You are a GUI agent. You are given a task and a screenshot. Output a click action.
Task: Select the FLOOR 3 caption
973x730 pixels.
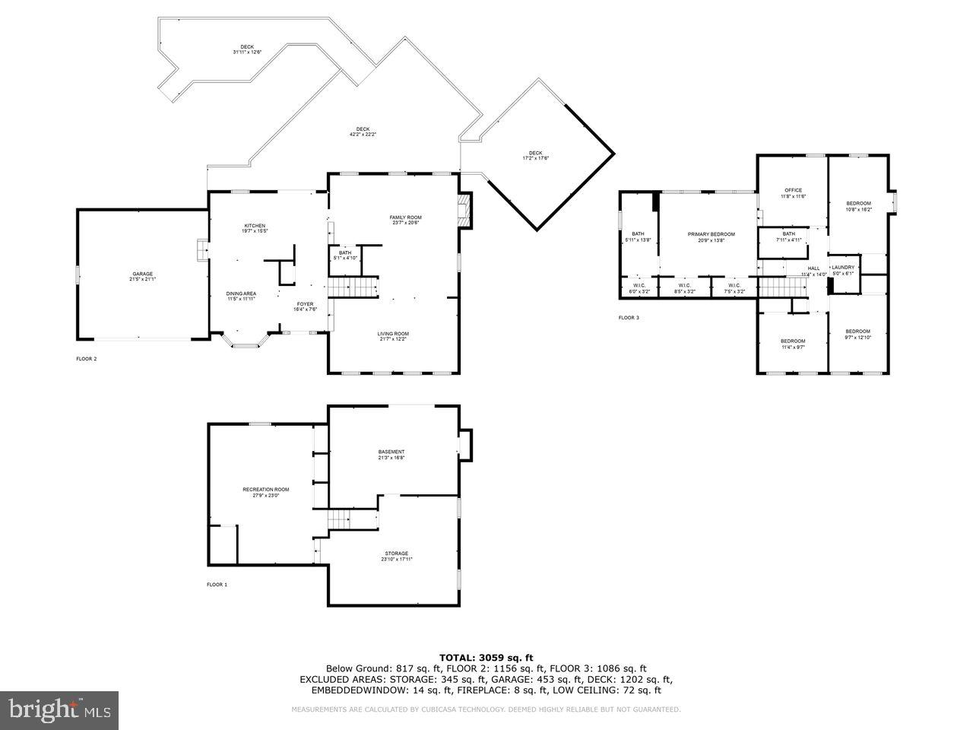[x=629, y=317]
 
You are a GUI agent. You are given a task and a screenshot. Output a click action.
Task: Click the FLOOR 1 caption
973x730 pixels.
[x=217, y=585]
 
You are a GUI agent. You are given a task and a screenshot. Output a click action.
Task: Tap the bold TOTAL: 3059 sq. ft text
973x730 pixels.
[x=486, y=657]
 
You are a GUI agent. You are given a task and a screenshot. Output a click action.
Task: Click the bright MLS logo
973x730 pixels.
[x=59, y=710]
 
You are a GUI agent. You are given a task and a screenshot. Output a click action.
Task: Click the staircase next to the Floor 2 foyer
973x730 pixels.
[x=353, y=287]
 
